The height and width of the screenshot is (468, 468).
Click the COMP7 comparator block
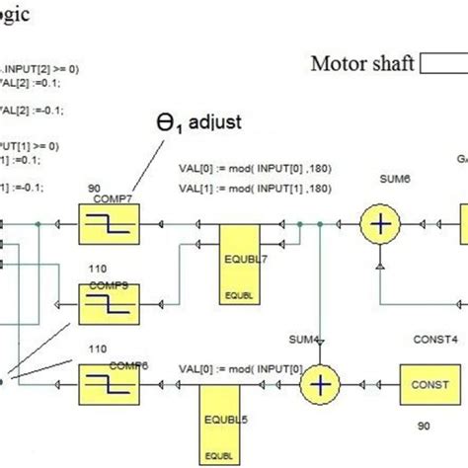coord(108,226)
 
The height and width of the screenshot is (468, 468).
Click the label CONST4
coord(434,338)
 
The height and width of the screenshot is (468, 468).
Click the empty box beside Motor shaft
coord(444,64)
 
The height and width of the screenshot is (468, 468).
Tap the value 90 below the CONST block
coord(424,426)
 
